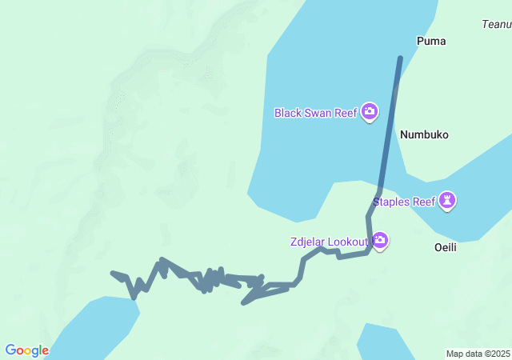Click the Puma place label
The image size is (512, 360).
click(x=431, y=41)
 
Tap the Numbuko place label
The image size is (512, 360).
click(x=424, y=134)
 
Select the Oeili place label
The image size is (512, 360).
click(x=445, y=247)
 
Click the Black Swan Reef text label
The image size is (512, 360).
click(x=315, y=113)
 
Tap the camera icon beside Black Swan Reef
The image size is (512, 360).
click(x=370, y=111)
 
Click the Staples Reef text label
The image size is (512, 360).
click(x=404, y=202)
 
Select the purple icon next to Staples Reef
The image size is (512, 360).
click(x=448, y=201)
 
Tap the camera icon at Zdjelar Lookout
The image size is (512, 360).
click(x=381, y=240)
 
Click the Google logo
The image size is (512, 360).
click(x=26, y=350)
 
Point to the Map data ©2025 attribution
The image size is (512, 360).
click(x=478, y=354)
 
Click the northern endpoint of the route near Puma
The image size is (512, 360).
click(x=400, y=58)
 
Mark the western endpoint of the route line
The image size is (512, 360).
click(x=113, y=274)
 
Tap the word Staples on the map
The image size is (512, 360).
click(x=391, y=202)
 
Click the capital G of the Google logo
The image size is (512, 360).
click(x=10, y=350)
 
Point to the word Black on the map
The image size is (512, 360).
click(x=288, y=113)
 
